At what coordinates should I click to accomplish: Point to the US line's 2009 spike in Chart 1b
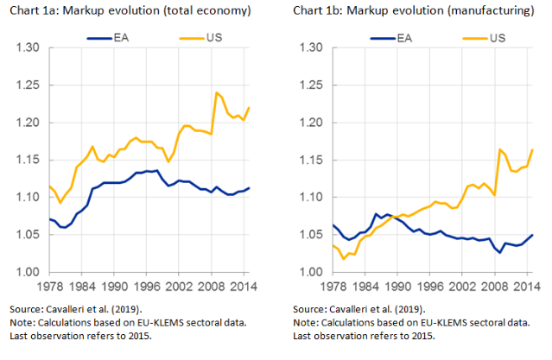coord(499,149)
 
